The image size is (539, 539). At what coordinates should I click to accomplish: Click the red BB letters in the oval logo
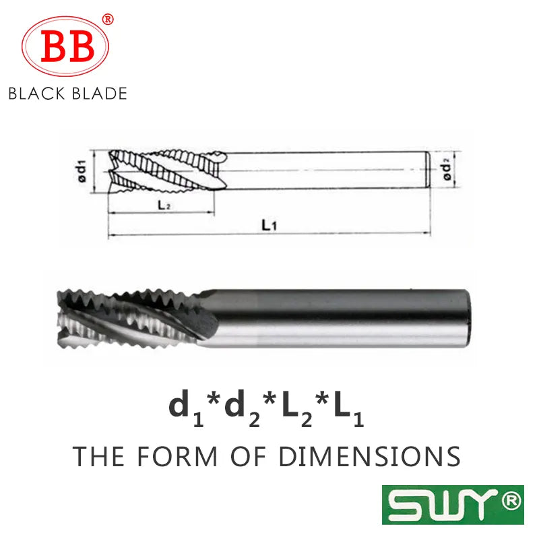click(67, 46)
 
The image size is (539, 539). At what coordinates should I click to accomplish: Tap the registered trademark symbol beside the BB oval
click(108, 20)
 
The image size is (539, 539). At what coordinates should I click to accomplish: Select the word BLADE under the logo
click(100, 94)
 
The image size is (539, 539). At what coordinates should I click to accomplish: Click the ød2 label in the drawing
click(446, 171)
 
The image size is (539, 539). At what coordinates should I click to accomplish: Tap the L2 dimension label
click(164, 205)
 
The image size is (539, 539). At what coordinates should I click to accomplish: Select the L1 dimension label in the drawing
click(269, 226)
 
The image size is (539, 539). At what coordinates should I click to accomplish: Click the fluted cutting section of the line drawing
click(167, 171)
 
